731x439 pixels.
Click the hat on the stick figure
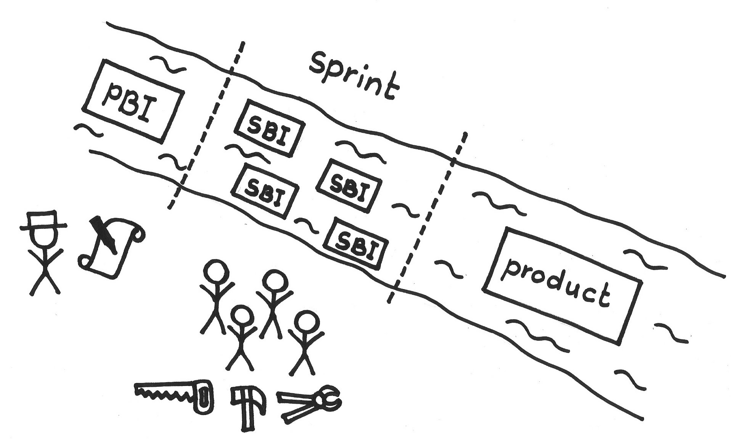(43, 221)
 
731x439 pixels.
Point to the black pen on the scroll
(104, 235)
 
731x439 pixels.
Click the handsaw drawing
(174, 397)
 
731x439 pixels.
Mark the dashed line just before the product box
(427, 217)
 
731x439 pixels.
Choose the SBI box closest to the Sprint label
(270, 128)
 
